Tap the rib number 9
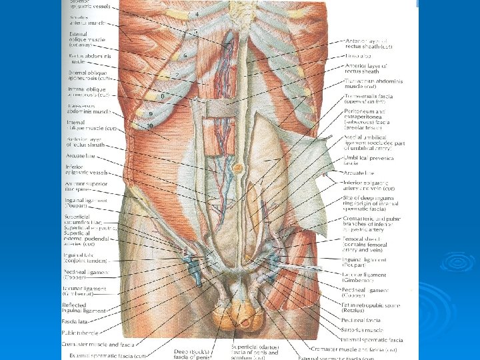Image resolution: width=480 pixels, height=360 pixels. (x=151, y=114)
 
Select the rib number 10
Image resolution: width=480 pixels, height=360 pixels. (x=151, y=125)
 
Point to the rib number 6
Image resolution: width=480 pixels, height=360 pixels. (x=185, y=56)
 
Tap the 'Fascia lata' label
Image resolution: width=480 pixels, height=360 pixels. (x=81, y=321)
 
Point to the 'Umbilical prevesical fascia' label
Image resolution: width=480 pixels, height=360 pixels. (x=369, y=159)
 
